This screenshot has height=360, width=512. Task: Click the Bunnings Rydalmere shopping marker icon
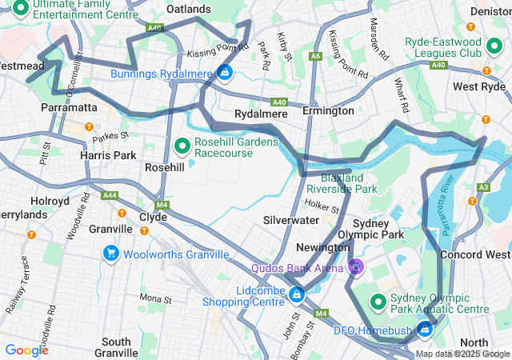(226, 74)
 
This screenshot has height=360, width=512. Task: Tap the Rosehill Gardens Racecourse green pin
(182, 146)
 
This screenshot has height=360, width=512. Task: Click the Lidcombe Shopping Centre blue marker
(297, 295)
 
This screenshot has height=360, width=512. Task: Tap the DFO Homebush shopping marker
(425, 328)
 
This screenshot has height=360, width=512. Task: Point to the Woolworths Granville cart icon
(111, 254)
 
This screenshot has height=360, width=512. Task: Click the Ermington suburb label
(328, 110)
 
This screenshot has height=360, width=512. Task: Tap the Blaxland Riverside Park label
(348, 183)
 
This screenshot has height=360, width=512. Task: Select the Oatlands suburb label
(188, 9)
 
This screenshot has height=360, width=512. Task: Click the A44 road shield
(110, 194)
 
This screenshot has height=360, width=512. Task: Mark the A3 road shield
(482, 187)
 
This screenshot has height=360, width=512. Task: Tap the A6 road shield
(317, 56)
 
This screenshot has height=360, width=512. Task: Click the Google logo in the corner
(26, 350)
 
